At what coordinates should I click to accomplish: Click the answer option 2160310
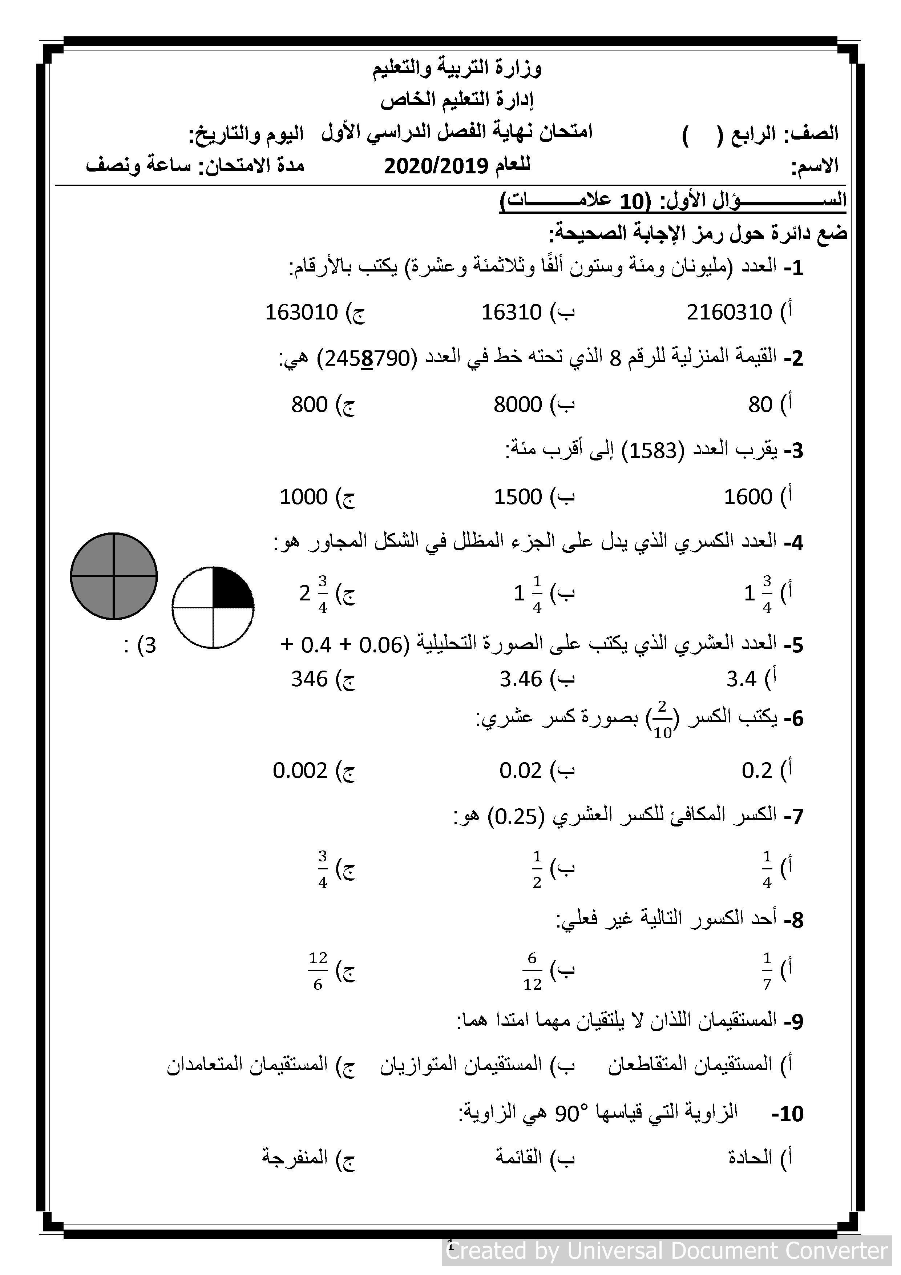(x=729, y=313)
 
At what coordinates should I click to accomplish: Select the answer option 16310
(x=511, y=313)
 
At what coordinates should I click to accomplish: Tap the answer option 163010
(x=302, y=313)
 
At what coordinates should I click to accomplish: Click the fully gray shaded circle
(x=114, y=576)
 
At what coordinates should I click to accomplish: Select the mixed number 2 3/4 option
(x=314, y=594)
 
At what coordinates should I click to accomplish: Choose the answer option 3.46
(x=520, y=679)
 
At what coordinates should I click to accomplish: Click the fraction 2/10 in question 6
(x=662, y=719)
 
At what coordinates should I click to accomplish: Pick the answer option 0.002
(x=300, y=771)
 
